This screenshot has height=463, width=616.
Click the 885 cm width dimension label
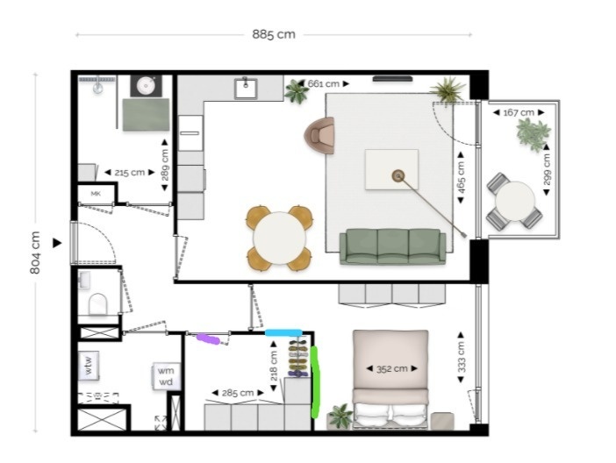pyautogui.click(x=274, y=34)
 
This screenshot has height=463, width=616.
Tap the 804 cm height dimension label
pyautogui.click(x=35, y=253)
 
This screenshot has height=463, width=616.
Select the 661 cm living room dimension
pyautogui.click(x=323, y=83)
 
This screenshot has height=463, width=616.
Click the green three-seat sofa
pyautogui.click(x=392, y=246)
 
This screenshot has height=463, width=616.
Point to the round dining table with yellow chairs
pyautogui.click(x=279, y=238)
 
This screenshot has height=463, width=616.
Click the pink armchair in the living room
pyautogui.click(x=319, y=135)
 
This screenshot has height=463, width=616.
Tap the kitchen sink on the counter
pyautogui.click(x=246, y=89)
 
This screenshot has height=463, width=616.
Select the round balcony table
pyautogui.click(x=514, y=201)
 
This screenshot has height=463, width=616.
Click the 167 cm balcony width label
pyautogui.click(x=519, y=113)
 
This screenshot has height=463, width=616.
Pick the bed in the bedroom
pyautogui.click(x=390, y=380)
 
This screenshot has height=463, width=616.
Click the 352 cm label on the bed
pyautogui.click(x=391, y=369)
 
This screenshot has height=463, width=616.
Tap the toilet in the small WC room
pyautogui.click(x=98, y=303)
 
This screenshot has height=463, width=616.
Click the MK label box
pyautogui.click(x=96, y=194)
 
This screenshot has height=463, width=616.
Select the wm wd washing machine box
pyautogui.click(x=166, y=376)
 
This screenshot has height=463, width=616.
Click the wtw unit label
pyautogui.click(x=88, y=365)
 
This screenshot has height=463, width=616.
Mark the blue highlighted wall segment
pyautogui.click(x=283, y=333)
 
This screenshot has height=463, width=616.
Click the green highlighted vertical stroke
pyautogui.click(x=315, y=382)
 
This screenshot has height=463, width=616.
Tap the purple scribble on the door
pyautogui.click(x=208, y=338)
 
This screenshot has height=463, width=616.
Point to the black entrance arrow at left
pyautogui.click(x=57, y=243)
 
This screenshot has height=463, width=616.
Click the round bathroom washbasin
pyautogui.click(x=146, y=86)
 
